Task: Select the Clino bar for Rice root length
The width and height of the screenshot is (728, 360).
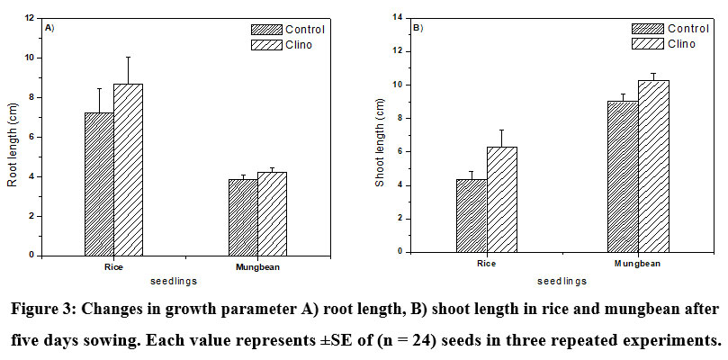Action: coord(128,170)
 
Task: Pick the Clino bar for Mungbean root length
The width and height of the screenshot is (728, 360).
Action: coord(272,214)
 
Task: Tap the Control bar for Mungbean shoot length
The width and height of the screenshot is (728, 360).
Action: coord(622,176)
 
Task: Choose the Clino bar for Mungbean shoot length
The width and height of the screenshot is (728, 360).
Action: coord(652,166)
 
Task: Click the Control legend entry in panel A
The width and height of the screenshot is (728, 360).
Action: coord(288,30)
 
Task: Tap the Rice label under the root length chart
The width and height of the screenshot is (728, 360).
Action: coord(113,267)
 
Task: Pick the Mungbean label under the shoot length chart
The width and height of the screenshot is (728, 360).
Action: coord(637,264)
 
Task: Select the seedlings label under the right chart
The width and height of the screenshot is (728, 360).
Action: coord(558,281)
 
